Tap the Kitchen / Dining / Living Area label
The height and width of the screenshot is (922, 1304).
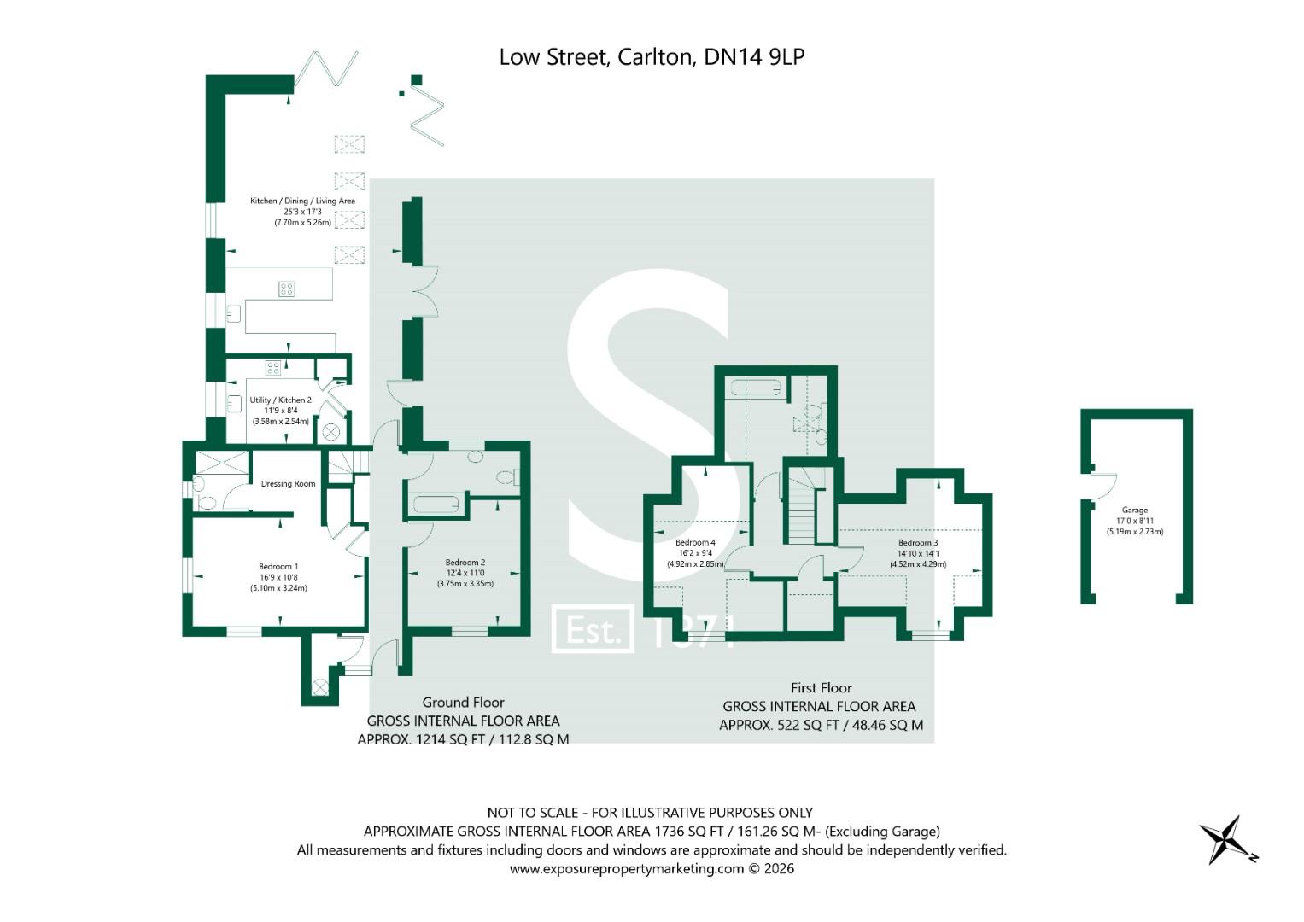pos(302,201)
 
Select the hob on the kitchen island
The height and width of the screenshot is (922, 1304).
pos(286,289)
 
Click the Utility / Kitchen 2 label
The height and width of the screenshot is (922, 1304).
pos(280,400)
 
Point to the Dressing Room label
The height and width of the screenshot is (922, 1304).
pos(288,484)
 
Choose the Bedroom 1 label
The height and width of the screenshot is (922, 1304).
pos(278,566)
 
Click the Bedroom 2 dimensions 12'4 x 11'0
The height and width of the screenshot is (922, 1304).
pos(465,573)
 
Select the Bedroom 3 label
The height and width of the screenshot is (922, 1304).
pos(918,543)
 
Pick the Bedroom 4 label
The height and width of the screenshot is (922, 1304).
pos(695,543)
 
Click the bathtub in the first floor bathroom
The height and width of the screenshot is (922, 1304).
pos(756,388)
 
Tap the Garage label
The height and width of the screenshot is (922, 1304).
pos(1134,511)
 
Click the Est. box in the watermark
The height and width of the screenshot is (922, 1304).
pos(593,629)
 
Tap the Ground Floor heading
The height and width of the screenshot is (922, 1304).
pos(463,703)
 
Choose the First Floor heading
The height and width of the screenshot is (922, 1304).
pos(821,688)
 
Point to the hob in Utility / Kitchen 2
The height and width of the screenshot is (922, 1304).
pos(272,369)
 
